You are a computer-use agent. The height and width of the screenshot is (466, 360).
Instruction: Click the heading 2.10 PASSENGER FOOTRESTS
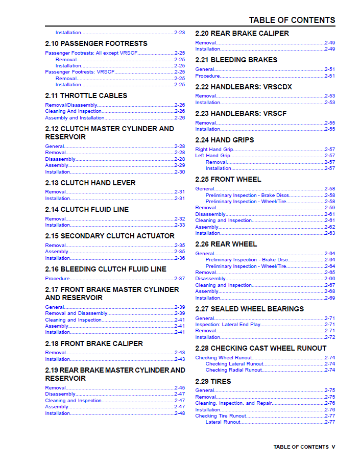(x=96, y=44)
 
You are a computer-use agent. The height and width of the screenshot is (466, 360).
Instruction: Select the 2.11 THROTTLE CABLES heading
(x=86, y=96)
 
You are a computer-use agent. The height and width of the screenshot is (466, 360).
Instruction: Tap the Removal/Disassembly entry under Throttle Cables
(x=71, y=105)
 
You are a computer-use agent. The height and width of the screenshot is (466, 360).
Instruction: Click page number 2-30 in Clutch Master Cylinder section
(x=180, y=172)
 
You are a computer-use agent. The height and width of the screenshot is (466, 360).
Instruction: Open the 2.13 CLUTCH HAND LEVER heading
(x=90, y=183)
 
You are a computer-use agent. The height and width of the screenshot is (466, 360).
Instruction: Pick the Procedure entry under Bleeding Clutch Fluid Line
(x=58, y=279)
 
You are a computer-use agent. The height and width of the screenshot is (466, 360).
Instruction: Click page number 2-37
(x=180, y=279)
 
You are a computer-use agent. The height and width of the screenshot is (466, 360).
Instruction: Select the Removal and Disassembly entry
(x=76, y=313)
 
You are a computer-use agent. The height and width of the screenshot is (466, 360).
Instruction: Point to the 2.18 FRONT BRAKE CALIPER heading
(x=94, y=344)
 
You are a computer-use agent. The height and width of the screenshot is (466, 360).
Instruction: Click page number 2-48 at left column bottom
(x=180, y=413)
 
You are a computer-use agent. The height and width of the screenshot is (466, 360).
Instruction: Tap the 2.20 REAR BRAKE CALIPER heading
(x=242, y=34)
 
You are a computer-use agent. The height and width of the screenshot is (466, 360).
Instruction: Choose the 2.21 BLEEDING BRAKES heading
(x=236, y=60)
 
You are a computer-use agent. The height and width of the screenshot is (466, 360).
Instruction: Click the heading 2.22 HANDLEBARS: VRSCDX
(x=244, y=87)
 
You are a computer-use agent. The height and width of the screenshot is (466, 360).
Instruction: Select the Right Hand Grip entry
(x=214, y=150)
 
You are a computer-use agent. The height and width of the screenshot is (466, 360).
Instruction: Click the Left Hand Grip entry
(x=212, y=156)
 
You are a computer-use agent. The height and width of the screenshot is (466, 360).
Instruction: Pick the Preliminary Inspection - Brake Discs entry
(x=247, y=195)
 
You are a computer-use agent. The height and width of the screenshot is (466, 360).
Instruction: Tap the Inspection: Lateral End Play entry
(x=228, y=325)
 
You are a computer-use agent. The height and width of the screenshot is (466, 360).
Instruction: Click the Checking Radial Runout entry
(x=234, y=370)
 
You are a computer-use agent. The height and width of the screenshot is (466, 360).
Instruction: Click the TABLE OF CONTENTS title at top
(x=292, y=20)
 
